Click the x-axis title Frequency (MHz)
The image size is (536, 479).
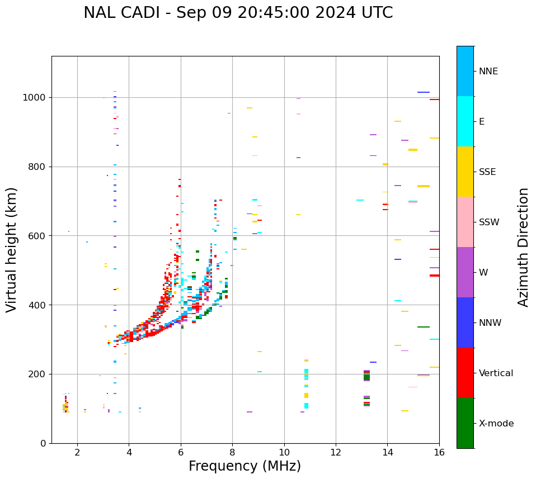[245, 466]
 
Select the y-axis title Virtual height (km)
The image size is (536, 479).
[12, 250]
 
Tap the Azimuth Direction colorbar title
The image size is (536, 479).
[523, 247]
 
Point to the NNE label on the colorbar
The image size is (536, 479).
[488, 72]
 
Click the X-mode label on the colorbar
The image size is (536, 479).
[496, 424]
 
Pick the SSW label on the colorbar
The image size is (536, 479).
[489, 222]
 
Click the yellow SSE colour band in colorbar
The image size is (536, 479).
[465, 172]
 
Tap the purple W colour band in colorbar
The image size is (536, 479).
[465, 272]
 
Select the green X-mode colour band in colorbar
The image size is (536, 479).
[465, 423]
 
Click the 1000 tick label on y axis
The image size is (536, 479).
[35, 98]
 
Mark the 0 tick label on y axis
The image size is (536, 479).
[43, 443]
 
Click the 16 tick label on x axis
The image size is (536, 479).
[439, 452]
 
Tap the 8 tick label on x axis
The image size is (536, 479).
[232, 452]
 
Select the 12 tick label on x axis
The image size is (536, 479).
[336, 452]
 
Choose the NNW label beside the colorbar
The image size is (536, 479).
[490, 323]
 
